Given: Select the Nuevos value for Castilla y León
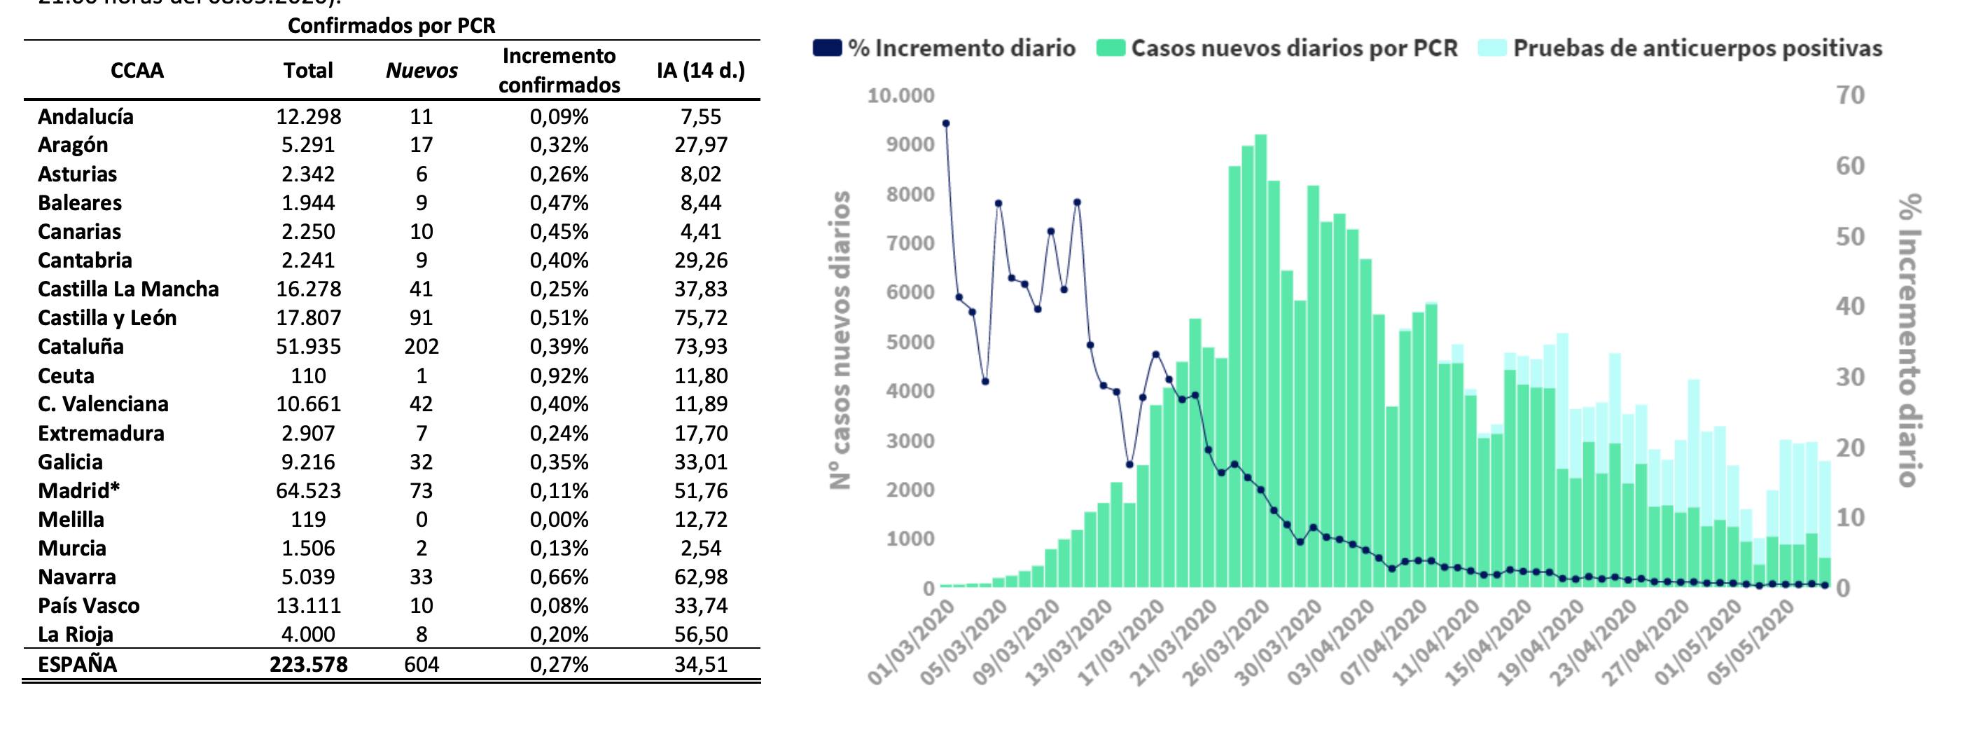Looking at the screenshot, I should pyautogui.click(x=422, y=317).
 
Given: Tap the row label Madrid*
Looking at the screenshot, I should pyautogui.click(x=78, y=490).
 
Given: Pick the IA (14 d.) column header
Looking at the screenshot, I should pyautogui.click(x=700, y=71).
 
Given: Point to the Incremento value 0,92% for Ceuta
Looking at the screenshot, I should pyautogui.click(x=559, y=375).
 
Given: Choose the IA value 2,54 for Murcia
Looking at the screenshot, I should pyautogui.click(x=700, y=549).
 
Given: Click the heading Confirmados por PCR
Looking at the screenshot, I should pyautogui.click(x=391, y=26).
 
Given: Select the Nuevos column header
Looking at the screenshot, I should pyautogui.click(x=422, y=71).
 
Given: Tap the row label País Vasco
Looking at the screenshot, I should pyautogui.click(x=88, y=605).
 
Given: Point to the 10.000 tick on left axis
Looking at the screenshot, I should pyautogui.click(x=900, y=96).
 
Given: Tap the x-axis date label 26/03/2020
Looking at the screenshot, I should pyautogui.click(x=1227, y=641).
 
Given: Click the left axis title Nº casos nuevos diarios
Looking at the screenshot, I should pyautogui.click(x=840, y=340).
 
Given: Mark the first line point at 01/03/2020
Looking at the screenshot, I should pyautogui.click(x=946, y=123).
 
